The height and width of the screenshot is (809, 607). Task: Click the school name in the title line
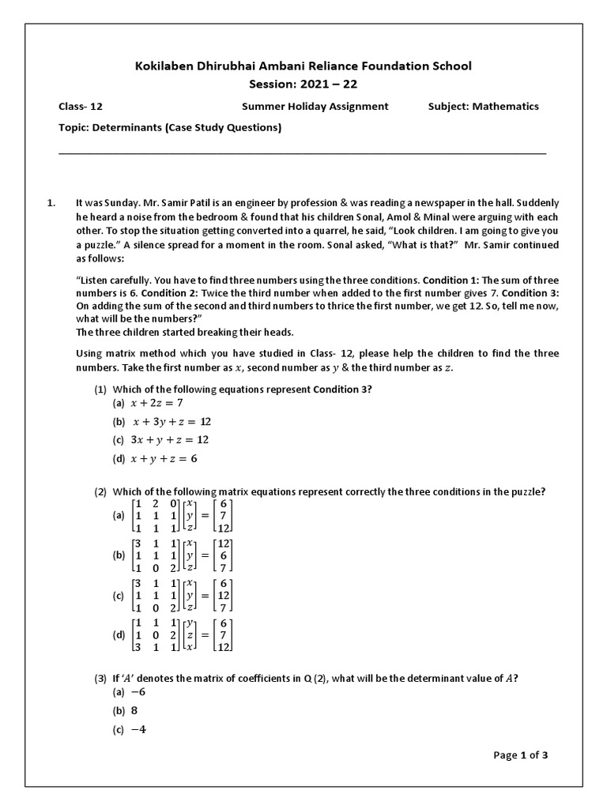[x=303, y=66]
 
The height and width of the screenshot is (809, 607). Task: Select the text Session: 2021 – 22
[x=303, y=85]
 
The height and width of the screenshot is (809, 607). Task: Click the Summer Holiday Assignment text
[x=315, y=106]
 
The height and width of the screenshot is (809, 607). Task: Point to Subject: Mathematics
[x=483, y=106]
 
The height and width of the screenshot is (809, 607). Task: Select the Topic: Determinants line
[x=170, y=127]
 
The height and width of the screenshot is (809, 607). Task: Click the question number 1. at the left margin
[x=52, y=203]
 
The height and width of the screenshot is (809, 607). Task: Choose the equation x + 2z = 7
[x=156, y=403]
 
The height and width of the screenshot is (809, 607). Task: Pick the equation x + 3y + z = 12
[x=172, y=421]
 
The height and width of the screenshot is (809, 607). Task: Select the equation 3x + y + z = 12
[x=170, y=440]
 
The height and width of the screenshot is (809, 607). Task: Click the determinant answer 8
[x=134, y=710]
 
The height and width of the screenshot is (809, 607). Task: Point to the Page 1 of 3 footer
[x=520, y=754]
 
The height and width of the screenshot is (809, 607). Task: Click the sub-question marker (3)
[x=100, y=677]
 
